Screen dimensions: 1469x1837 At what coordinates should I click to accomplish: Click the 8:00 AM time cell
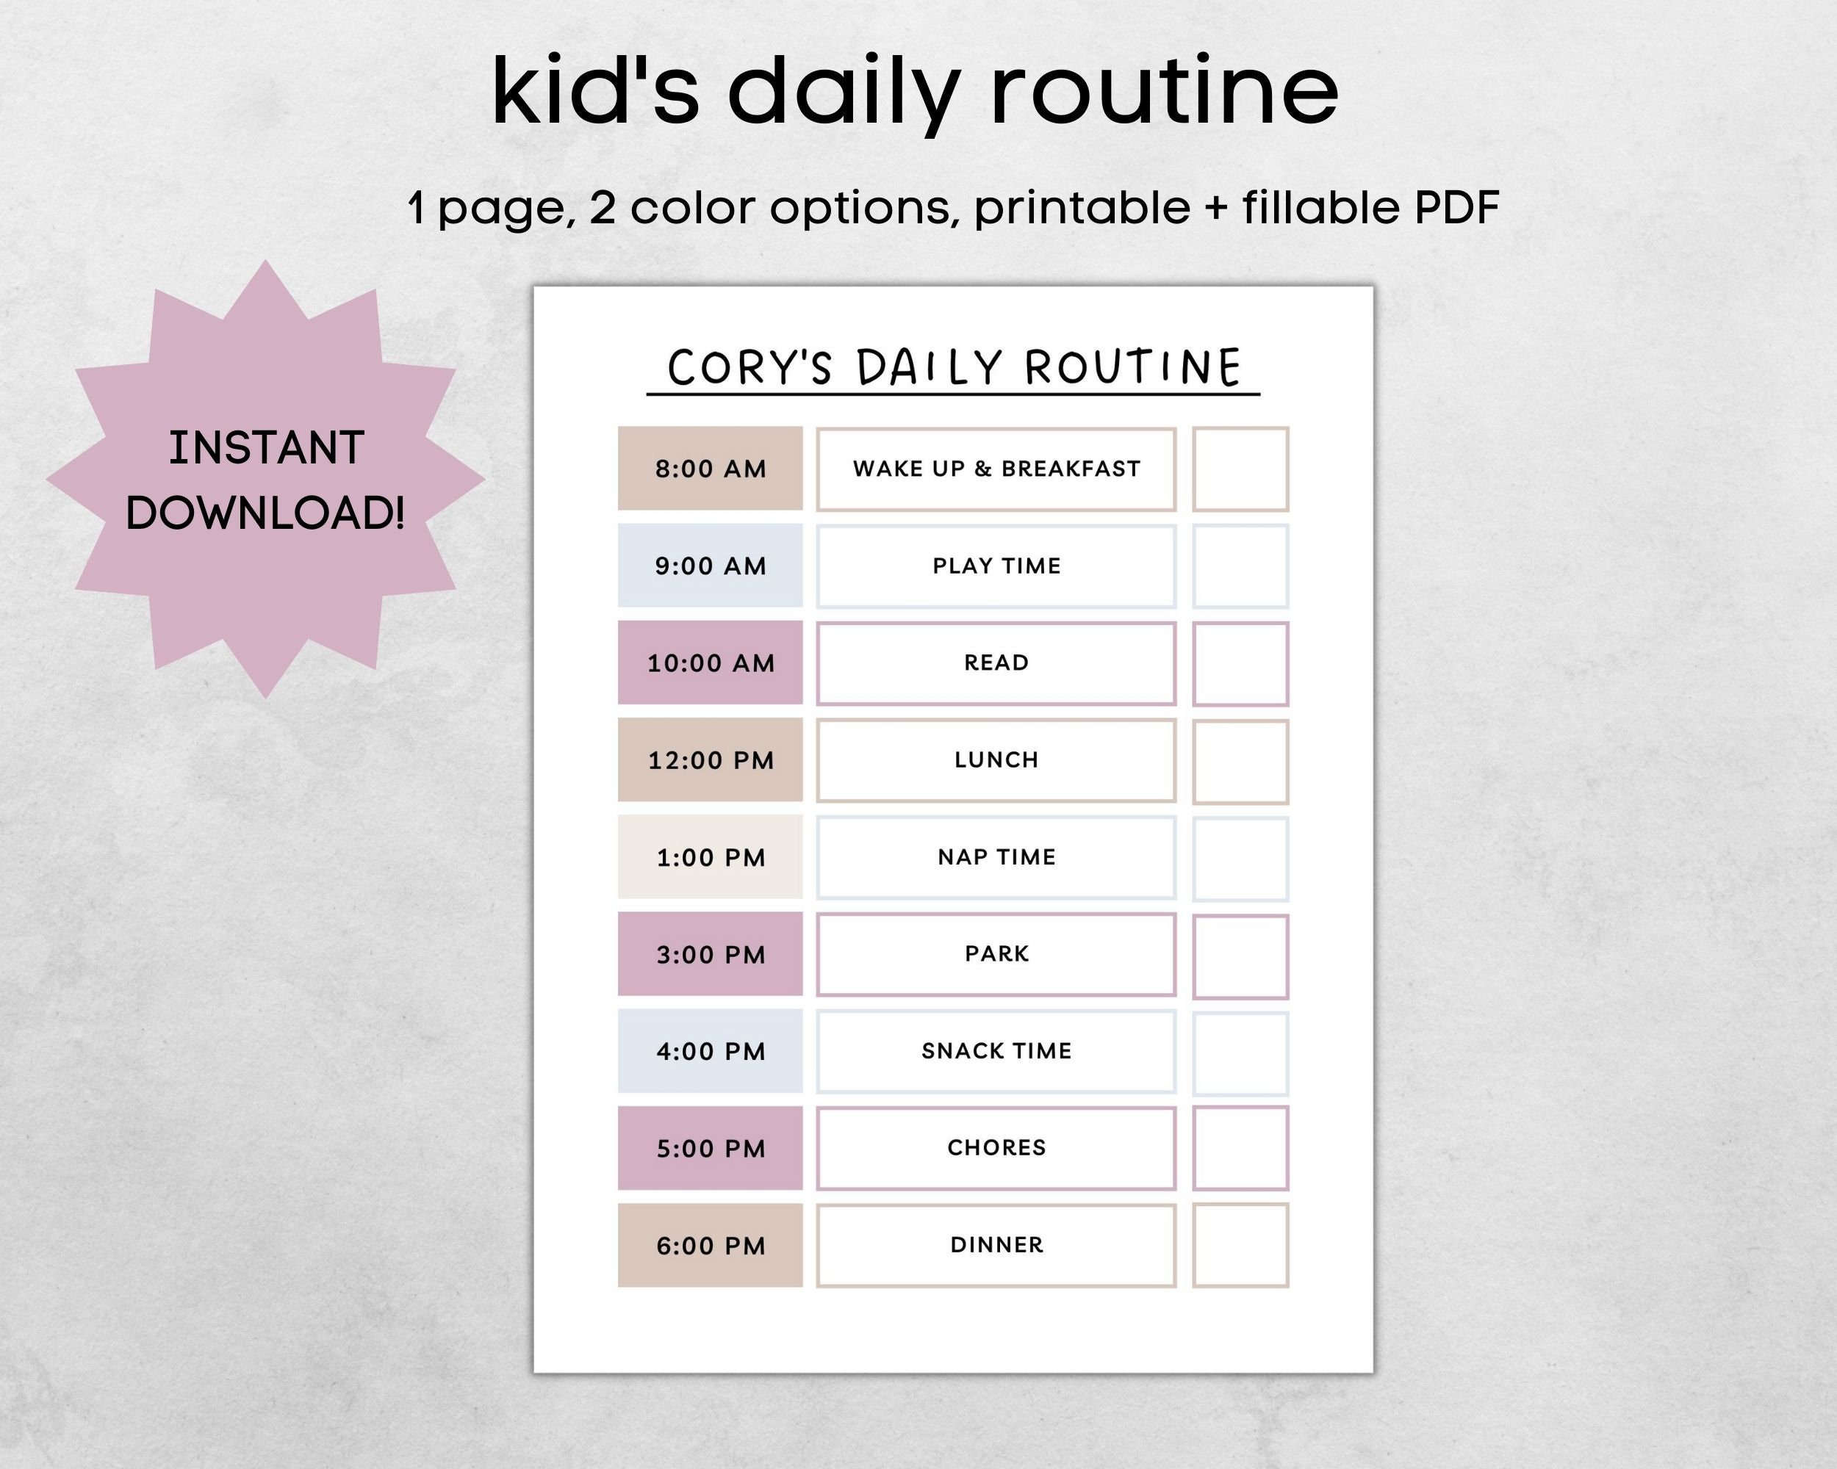click(710, 469)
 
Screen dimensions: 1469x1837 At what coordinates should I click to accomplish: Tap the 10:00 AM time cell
click(710, 663)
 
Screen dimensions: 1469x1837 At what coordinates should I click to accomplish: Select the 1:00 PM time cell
click(710, 856)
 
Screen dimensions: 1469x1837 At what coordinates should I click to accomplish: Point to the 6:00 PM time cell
click(710, 1245)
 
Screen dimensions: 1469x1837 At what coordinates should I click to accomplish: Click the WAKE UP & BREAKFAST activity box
click(996, 469)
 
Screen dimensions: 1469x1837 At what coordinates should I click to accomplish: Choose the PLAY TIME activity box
click(996, 566)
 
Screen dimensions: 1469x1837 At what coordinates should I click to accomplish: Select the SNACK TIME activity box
click(996, 1052)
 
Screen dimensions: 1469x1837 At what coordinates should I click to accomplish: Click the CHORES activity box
click(996, 1148)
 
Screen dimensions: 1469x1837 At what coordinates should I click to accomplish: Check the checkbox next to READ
click(1240, 664)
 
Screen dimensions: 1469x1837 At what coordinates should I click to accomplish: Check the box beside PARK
click(1240, 956)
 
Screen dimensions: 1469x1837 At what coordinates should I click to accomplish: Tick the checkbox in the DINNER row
click(1240, 1245)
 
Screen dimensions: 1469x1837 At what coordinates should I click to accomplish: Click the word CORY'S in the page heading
click(749, 368)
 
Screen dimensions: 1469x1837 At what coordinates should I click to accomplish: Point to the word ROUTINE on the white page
click(1132, 368)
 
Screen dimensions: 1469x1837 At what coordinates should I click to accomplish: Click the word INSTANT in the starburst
click(266, 448)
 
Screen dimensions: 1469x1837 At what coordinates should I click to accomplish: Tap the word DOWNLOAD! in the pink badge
click(265, 513)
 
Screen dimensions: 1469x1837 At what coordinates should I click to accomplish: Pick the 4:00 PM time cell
click(710, 1051)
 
